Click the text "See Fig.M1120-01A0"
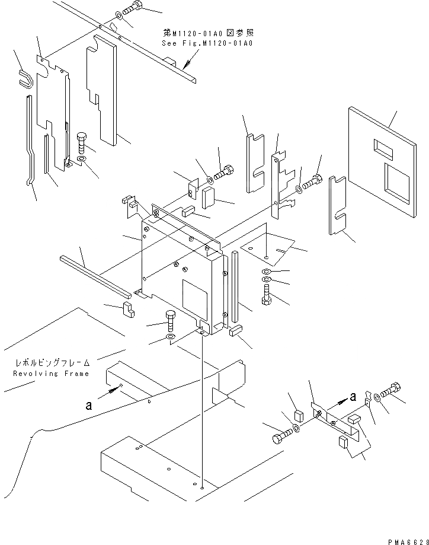tap(207, 43)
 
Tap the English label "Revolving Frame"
tap(51, 374)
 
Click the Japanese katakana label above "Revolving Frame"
tap(52, 362)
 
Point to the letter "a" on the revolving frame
tap(88, 406)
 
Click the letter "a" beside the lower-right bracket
tap(353, 396)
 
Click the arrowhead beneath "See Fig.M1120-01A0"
tap(185, 65)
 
